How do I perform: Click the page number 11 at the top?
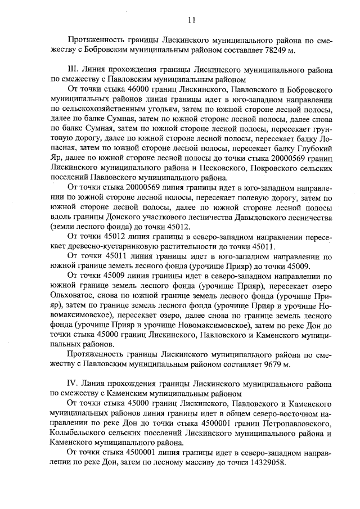coord(191,20)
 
